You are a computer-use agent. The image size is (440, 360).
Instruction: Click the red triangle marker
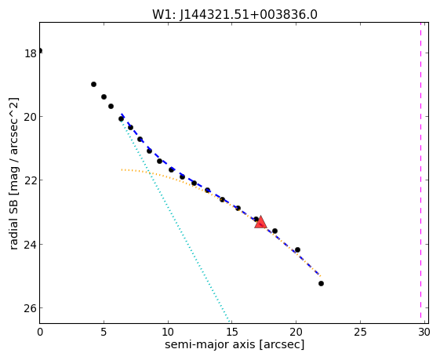click(x=260, y=222)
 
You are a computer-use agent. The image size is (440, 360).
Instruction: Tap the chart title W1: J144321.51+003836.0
click(x=235, y=14)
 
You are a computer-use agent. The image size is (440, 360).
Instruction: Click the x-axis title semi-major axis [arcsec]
click(x=235, y=344)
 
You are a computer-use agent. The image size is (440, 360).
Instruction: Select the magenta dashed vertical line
click(x=420, y=170)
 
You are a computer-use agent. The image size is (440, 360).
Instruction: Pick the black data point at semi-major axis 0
click(x=40, y=50)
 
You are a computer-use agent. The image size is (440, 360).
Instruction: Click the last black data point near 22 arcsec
click(x=321, y=283)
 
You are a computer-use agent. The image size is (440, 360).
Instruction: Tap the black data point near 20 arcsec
click(x=297, y=249)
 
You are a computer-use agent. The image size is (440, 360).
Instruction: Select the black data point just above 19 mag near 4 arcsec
click(x=93, y=84)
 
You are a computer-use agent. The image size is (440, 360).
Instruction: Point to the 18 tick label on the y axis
click(x=30, y=53)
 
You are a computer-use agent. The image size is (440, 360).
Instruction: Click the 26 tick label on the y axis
click(x=30, y=308)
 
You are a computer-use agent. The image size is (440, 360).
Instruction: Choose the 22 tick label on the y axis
click(x=30, y=180)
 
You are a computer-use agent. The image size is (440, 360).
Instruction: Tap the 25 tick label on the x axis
click(x=360, y=332)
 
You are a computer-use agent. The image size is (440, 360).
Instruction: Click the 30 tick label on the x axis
click(x=424, y=332)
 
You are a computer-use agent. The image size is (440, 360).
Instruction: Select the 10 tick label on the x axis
click(x=168, y=332)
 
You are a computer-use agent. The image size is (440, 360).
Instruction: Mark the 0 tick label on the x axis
click(x=40, y=332)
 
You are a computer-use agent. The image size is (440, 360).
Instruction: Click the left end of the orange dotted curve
click(x=122, y=169)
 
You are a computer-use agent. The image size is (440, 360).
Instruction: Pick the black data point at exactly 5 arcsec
click(x=104, y=96)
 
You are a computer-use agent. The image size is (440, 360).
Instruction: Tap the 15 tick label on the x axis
click(x=232, y=332)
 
